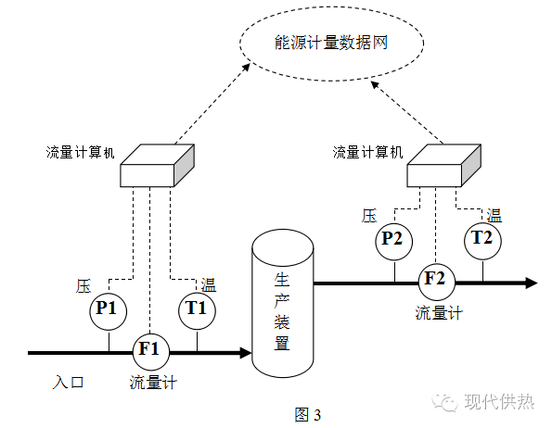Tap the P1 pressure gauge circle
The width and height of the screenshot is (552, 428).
point(109,309)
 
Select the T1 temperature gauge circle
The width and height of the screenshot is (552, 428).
point(197,309)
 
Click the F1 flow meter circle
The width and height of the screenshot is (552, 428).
point(149,350)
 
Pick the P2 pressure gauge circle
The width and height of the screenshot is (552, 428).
point(393,240)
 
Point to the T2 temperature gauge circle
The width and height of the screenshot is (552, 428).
point(482,239)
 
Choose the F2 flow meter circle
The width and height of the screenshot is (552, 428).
point(435,279)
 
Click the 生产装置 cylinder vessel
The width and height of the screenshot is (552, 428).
point(282,307)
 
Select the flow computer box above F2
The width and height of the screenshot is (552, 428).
point(443,164)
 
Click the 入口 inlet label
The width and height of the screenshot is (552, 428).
point(68,381)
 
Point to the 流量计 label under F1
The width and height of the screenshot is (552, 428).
point(152,381)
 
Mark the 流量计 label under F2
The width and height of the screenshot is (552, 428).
point(439,311)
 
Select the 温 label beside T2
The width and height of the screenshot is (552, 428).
point(495,216)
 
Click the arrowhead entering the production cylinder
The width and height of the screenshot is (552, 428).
point(245,352)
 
